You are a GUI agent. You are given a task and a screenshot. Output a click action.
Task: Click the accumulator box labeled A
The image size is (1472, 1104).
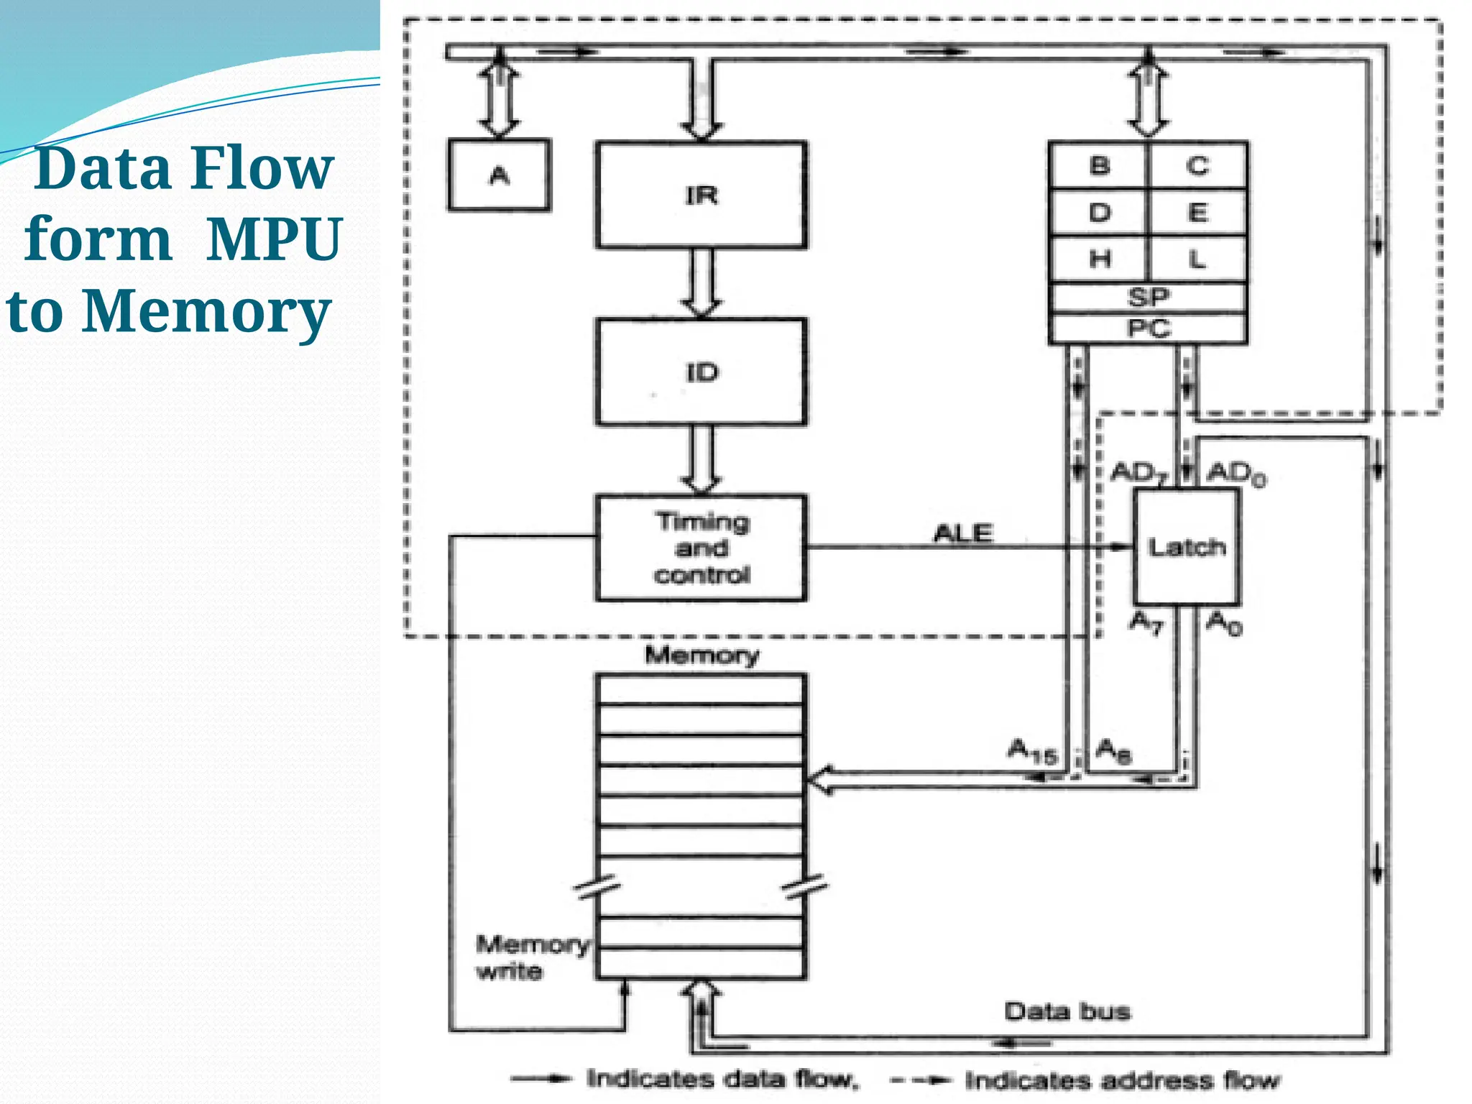[x=500, y=175]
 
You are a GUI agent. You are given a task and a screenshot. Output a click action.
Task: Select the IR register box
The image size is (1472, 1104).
[x=701, y=195]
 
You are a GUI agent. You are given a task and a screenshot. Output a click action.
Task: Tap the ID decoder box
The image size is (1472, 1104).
[x=701, y=372]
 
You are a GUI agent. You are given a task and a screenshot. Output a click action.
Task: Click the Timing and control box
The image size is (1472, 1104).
[x=701, y=548]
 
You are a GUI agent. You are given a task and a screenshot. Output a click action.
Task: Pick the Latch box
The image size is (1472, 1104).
[x=1187, y=548]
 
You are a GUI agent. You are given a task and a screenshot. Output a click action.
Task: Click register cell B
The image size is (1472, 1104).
[x=1099, y=166]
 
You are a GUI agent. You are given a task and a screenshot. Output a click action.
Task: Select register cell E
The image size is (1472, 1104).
[x=1197, y=213]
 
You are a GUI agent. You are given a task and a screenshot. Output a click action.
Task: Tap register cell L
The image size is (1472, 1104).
[x=1197, y=259]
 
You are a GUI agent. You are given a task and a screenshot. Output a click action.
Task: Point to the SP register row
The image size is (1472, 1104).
[x=1148, y=297]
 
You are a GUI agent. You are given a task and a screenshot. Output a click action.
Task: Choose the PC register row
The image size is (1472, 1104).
[x=1148, y=328]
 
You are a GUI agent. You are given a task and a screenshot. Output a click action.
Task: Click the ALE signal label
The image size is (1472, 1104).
[x=963, y=533]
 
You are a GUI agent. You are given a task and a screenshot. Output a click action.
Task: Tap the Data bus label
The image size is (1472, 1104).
[x=1067, y=1012]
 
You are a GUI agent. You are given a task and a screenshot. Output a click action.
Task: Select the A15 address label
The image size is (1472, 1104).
[x=1031, y=751]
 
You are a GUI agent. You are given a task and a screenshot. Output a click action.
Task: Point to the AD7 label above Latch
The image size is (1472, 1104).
[x=1139, y=474]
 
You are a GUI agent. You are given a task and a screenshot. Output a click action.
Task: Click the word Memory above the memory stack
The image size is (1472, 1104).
[x=701, y=655]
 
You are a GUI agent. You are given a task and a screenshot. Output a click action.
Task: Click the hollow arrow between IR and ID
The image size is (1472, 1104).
[x=701, y=283]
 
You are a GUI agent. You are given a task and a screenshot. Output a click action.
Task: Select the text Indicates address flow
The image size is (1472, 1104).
[x=1121, y=1080]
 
